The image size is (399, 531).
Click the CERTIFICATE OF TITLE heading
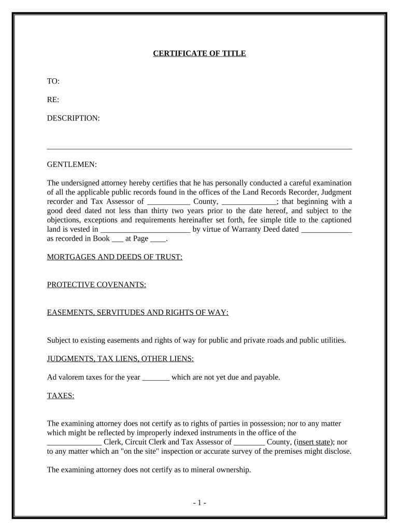pos(199,53)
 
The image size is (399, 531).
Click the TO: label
pos(53,81)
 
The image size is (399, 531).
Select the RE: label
pos(53,100)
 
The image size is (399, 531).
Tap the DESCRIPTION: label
pos(73,118)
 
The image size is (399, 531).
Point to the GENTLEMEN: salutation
pos(72,164)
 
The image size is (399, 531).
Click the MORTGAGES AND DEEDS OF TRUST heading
pos(115,257)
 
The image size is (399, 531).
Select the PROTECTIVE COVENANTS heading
pos(96,285)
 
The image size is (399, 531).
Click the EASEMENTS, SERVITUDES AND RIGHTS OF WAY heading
pos(138,312)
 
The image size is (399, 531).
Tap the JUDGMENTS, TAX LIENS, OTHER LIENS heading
pos(121,358)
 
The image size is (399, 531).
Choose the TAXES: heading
pos(61,396)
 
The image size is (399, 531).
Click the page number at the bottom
pos(199,502)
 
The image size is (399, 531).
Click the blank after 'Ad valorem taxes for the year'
pos(155,378)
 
